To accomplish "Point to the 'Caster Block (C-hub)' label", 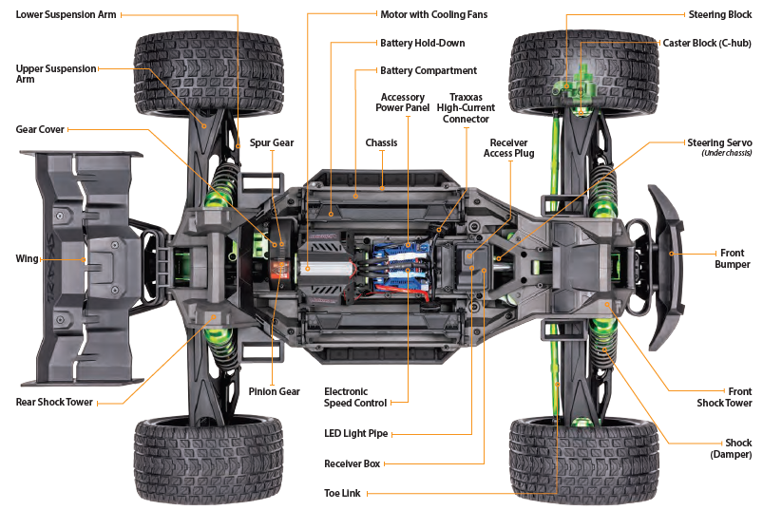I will [x=707, y=44].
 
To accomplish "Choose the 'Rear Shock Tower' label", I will [x=54, y=402].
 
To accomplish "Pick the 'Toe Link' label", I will [x=343, y=493].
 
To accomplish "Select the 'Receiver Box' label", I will [x=352, y=463].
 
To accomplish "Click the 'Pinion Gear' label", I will [x=275, y=391].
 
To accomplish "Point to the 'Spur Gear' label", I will [x=272, y=142].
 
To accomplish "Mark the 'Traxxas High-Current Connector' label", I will [x=466, y=108].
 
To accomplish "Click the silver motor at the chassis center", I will [x=328, y=269].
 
